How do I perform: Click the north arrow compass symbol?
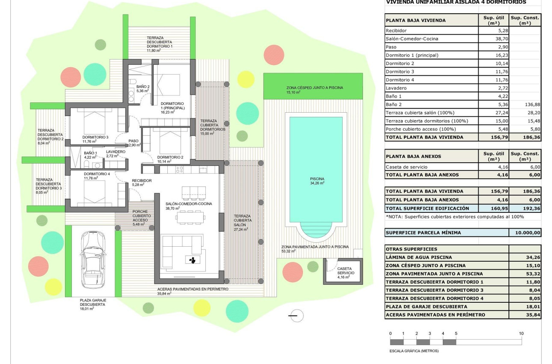[x=296, y=316]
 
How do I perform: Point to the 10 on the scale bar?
[x=521, y=333]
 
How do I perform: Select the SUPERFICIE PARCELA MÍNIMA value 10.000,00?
[x=525, y=233]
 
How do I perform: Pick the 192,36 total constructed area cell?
[x=525, y=208]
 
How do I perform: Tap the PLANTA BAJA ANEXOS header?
[x=413, y=156]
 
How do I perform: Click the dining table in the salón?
[x=190, y=218]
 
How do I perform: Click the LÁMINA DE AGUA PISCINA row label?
[x=418, y=257]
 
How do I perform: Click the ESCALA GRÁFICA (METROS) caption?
[x=414, y=351]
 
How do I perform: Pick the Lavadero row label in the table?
[x=396, y=88]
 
